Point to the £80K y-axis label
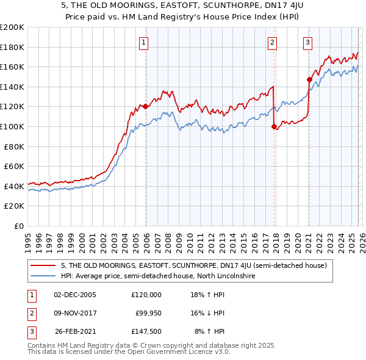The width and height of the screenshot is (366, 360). tap(14, 146)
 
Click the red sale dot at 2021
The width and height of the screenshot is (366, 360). tap(309, 79)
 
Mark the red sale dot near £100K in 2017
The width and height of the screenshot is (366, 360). tap(274, 126)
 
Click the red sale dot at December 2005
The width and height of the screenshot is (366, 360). tap(146, 107)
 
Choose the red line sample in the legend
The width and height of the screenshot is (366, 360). tap(43, 265)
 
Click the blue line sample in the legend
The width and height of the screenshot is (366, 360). tap(43, 276)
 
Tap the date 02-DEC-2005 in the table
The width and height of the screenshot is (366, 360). tap(75, 294)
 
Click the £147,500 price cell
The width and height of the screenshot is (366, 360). tap(146, 332)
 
